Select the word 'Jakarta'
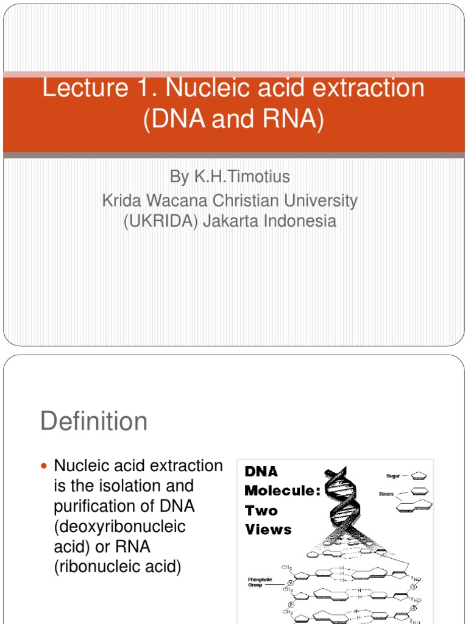tap(230, 221)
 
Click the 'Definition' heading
tap(94, 421)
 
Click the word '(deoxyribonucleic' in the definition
tap(119, 526)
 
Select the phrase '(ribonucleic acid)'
tap(118, 567)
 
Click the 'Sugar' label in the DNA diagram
tap(392, 476)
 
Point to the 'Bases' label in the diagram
tap(386, 494)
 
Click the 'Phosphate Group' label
tap(260, 583)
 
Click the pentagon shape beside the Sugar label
tap(419, 476)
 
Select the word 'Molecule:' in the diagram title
tap(282, 491)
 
